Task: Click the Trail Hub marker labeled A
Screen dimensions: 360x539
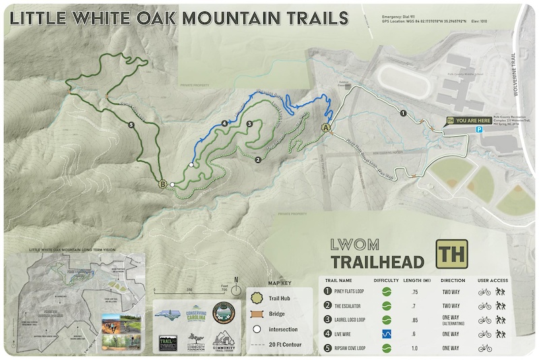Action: [327, 127]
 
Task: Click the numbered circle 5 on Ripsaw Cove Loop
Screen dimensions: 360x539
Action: [130, 125]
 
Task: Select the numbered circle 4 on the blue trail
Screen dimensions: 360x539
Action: [224, 123]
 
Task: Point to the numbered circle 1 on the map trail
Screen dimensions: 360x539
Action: [403, 113]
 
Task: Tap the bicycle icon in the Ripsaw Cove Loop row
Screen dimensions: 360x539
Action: [484, 348]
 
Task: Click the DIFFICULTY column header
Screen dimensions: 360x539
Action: [387, 280]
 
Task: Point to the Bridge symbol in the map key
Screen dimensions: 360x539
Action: [256, 314]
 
